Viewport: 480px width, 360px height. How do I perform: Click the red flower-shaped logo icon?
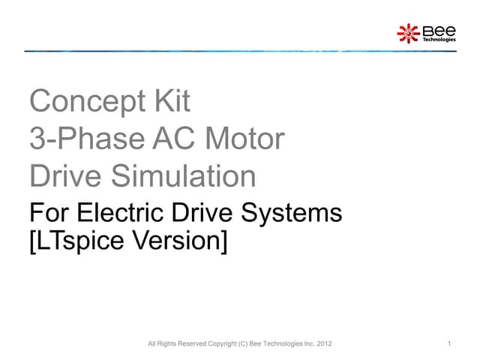[x=408, y=32]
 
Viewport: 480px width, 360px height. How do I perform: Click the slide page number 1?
[x=447, y=344]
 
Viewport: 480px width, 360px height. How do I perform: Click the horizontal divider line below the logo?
[x=240, y=51]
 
